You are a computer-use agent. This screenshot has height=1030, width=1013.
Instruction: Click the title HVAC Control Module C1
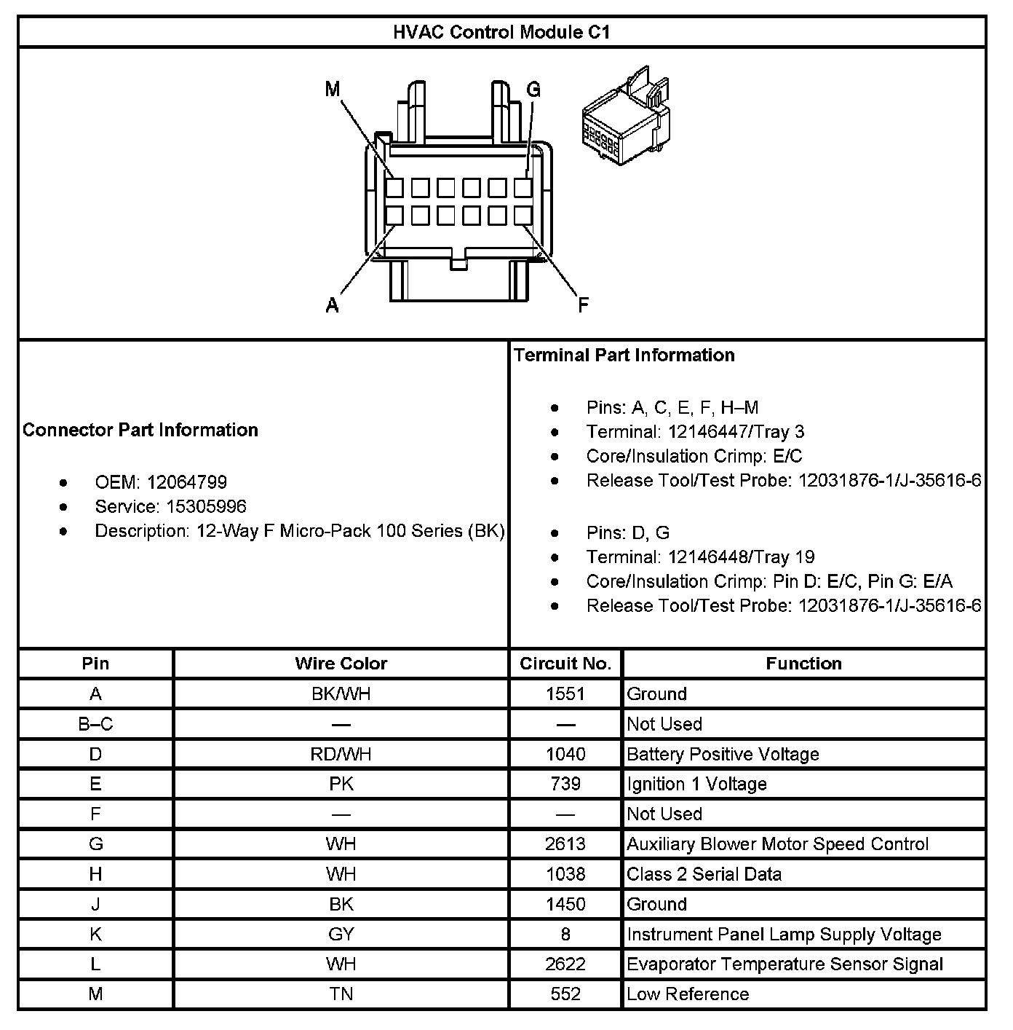click(501, 32)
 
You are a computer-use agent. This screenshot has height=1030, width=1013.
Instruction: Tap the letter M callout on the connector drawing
click(333, 90)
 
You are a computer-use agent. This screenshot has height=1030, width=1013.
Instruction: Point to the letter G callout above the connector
click(533, 90)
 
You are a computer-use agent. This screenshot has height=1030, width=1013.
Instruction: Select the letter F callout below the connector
click(583, 305)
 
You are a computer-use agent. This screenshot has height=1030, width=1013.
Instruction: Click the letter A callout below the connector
click(333, 305)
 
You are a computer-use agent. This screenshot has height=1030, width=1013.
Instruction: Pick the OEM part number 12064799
click(186, 482)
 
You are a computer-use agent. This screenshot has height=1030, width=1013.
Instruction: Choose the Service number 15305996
click(206, 506)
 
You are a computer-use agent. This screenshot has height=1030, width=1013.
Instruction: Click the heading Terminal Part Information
click(624, 355)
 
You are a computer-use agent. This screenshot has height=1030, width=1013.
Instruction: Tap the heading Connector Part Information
click(140, 430)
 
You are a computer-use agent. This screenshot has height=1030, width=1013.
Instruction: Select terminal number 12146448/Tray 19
click(741, 557)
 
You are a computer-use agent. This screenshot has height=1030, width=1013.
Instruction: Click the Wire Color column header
click(341, 664)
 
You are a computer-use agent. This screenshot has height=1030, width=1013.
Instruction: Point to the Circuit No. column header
click(565, 664)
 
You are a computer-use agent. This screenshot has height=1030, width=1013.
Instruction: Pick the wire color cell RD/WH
click(341, 754)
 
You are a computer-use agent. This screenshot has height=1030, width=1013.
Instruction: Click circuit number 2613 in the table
click(565, 844)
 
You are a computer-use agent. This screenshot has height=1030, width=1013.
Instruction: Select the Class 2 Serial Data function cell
click(704, 874)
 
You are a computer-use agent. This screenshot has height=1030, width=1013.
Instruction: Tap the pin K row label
click(95, 935)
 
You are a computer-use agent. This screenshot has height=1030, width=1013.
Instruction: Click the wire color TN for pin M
click(341, 994)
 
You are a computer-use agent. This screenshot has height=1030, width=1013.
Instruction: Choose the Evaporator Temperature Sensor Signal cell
click(784, 964)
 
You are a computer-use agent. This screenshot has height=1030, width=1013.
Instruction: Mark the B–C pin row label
click(95, 724)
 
